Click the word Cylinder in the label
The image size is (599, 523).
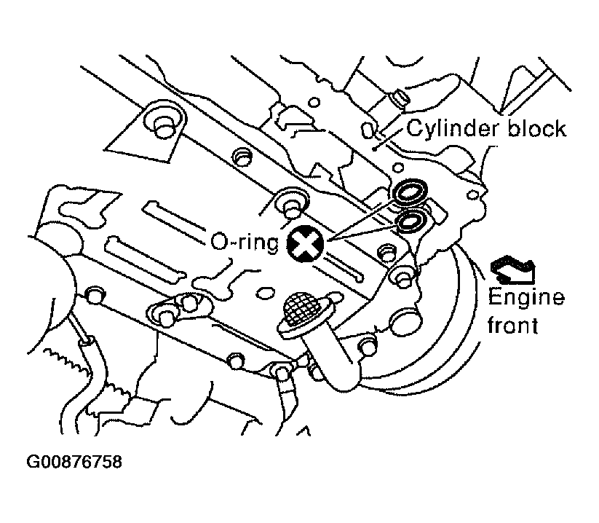453,130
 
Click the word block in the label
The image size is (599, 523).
536,128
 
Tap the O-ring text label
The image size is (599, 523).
245,243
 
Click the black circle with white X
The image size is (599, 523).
305,243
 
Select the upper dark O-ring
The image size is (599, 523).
410,191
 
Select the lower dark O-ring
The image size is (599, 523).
411,221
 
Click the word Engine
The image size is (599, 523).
526,298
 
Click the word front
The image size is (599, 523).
512,326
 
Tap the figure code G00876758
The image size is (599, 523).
74,462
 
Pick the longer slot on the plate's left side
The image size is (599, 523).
144,259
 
